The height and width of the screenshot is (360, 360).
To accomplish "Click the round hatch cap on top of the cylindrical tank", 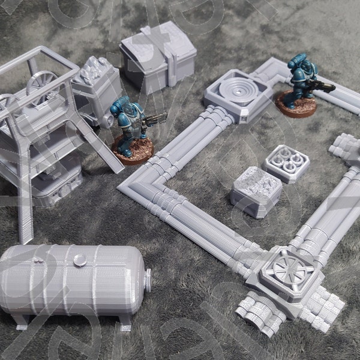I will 80,259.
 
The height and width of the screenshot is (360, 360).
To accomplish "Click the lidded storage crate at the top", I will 158,55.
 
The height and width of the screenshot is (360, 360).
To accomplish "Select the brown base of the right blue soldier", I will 296,106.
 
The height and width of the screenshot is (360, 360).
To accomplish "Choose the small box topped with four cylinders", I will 286,162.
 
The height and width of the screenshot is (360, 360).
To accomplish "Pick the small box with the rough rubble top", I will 256,188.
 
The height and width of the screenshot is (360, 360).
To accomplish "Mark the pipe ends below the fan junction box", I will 258,312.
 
